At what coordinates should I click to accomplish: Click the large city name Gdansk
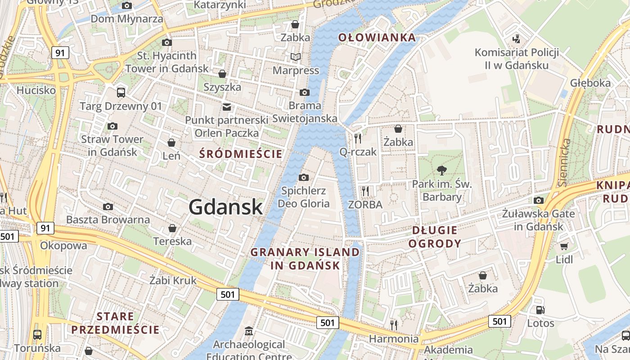click(x=225, y=207)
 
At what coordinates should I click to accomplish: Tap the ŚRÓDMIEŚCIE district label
click(x=241, y=154)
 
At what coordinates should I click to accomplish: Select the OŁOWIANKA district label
click(x=377, y=37)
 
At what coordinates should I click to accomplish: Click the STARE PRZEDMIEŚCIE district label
click(x=115, y=323)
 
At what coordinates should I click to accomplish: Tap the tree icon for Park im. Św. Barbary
click(x=442, y=171)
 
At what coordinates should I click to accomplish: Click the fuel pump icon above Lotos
click(x=540, y=310)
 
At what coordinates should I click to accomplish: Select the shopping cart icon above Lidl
click(x=564, y=246)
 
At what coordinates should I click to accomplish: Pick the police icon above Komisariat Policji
click(x=517, y=39)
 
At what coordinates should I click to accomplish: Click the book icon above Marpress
click(x=296, y=57)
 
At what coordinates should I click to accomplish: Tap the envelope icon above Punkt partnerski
click(x=226, y=107)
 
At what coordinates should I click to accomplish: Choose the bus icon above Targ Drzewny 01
click(x=121, y=93)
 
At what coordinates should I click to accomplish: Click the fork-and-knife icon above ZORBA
click(x=365, y=191)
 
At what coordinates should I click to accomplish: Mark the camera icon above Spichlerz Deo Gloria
click(x=304, y=177)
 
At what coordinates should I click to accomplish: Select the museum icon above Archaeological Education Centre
click(x=248, y=332)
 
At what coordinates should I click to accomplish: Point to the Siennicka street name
click(x=563, y=162)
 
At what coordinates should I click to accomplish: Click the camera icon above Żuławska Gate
click(x=538, y=200)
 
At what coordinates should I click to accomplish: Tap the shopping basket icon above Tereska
click(x=172, y=228)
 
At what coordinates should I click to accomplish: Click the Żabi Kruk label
click(x=173, y=280)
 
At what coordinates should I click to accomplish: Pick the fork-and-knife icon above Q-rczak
click(x=358, y=138)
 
